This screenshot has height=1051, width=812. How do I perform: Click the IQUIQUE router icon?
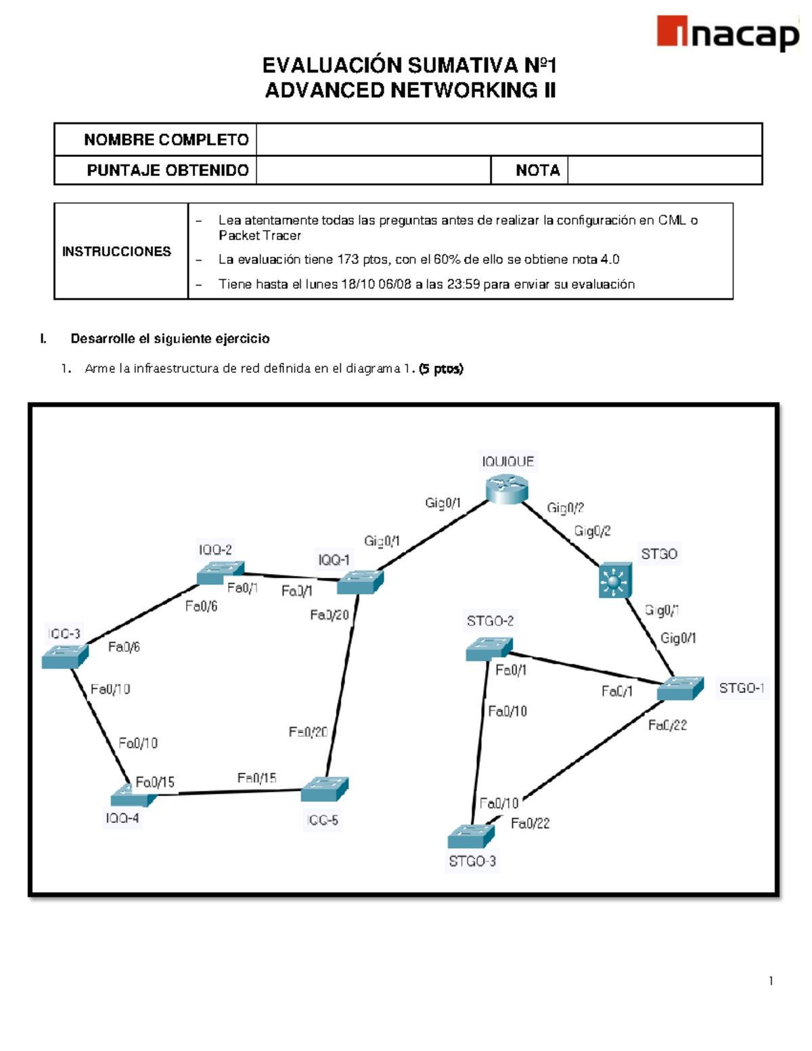(507, 489)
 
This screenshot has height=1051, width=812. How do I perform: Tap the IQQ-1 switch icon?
(360, 582)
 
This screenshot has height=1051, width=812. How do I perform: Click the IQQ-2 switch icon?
(220, 573)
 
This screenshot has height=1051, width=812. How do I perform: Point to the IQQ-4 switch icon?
(133, 797)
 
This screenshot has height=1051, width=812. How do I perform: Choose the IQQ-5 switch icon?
(324, 789)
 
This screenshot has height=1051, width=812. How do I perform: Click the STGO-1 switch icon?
(680, 688)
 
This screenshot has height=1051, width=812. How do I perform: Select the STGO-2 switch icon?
(489, 648)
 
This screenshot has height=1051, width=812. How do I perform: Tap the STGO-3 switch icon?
(471, 836)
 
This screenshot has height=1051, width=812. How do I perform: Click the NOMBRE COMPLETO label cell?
(166, 140)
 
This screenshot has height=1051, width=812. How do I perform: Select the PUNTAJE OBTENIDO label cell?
(167, 171)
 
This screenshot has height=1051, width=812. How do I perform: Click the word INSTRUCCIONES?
(116, 252)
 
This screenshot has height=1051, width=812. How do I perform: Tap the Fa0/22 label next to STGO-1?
(667, 725)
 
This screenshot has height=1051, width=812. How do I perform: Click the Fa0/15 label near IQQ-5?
(256, 778)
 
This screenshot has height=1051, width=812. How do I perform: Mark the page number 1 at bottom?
(771, 981)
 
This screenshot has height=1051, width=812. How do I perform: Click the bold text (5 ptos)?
(441, 369)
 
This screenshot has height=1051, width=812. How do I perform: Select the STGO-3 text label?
(472, 862)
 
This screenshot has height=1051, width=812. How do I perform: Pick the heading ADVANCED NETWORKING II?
(410, 90)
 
